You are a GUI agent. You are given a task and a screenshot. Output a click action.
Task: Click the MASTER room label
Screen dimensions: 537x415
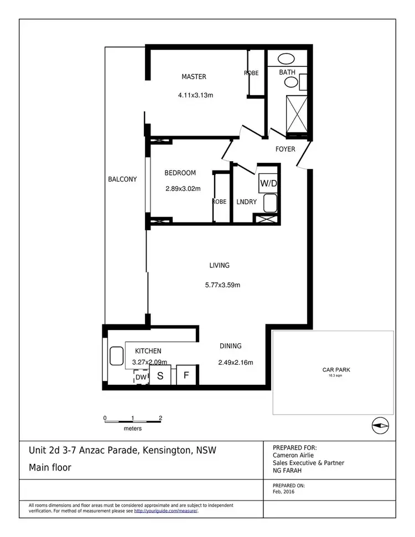(194, 76)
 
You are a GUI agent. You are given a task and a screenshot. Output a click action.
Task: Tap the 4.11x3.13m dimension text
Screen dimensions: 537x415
(195, 95)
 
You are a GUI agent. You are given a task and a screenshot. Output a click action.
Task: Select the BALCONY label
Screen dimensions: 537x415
(122, 179)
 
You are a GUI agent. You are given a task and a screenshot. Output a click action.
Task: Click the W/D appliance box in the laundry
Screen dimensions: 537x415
(268, 183)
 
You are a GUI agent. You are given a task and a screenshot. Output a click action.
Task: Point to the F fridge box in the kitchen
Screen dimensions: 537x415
(186, 375)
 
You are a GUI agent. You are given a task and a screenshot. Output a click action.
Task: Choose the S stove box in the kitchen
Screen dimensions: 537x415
(160, 375)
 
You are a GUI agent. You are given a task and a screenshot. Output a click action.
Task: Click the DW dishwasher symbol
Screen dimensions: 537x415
(141, 377)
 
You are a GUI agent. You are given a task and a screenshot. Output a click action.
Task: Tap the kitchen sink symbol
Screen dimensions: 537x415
(116, 355)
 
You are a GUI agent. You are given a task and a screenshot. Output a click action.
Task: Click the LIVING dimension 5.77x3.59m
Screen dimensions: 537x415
(222, 285)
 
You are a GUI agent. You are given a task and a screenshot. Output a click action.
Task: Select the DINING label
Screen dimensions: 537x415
(230, 346)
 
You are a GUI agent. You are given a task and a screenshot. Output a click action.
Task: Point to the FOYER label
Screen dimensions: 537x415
(286, 149)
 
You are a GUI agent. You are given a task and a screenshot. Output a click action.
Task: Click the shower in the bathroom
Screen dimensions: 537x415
(296, 114)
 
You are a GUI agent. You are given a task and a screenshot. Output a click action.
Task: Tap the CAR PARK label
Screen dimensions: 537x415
(336, 370)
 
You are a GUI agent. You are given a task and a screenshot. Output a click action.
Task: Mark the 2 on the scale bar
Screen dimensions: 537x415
(160, 418)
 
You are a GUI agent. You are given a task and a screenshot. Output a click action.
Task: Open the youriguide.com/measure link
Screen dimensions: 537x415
(165, 511)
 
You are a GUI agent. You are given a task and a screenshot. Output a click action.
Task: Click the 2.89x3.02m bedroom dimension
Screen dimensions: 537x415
(183, 188)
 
